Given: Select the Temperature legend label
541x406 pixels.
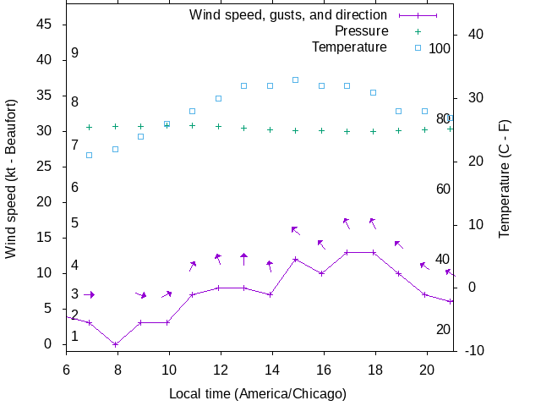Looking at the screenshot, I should (349, 47).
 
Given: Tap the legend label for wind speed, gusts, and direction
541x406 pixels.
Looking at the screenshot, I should (287, 14).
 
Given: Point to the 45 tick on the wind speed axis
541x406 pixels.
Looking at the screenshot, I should (46, 25).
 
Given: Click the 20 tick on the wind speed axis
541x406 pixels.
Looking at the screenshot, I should (46, 202).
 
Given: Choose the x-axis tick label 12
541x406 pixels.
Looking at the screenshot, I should (221, 369).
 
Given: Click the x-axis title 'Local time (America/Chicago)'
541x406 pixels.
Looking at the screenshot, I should (258, 393).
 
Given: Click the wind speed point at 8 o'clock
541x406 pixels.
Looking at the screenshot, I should (116, 344).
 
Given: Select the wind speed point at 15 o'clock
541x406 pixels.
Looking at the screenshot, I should (295, 259).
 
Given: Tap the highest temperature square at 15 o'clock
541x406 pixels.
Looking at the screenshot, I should (295, 80).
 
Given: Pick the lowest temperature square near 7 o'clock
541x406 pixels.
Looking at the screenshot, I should (90, 155).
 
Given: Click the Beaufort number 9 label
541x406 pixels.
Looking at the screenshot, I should (74, 52).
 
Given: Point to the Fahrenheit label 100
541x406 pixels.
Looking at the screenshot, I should (440, 48).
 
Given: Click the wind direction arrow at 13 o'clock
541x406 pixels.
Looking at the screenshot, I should (243, 258).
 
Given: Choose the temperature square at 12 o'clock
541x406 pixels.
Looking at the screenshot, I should (218, 98).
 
